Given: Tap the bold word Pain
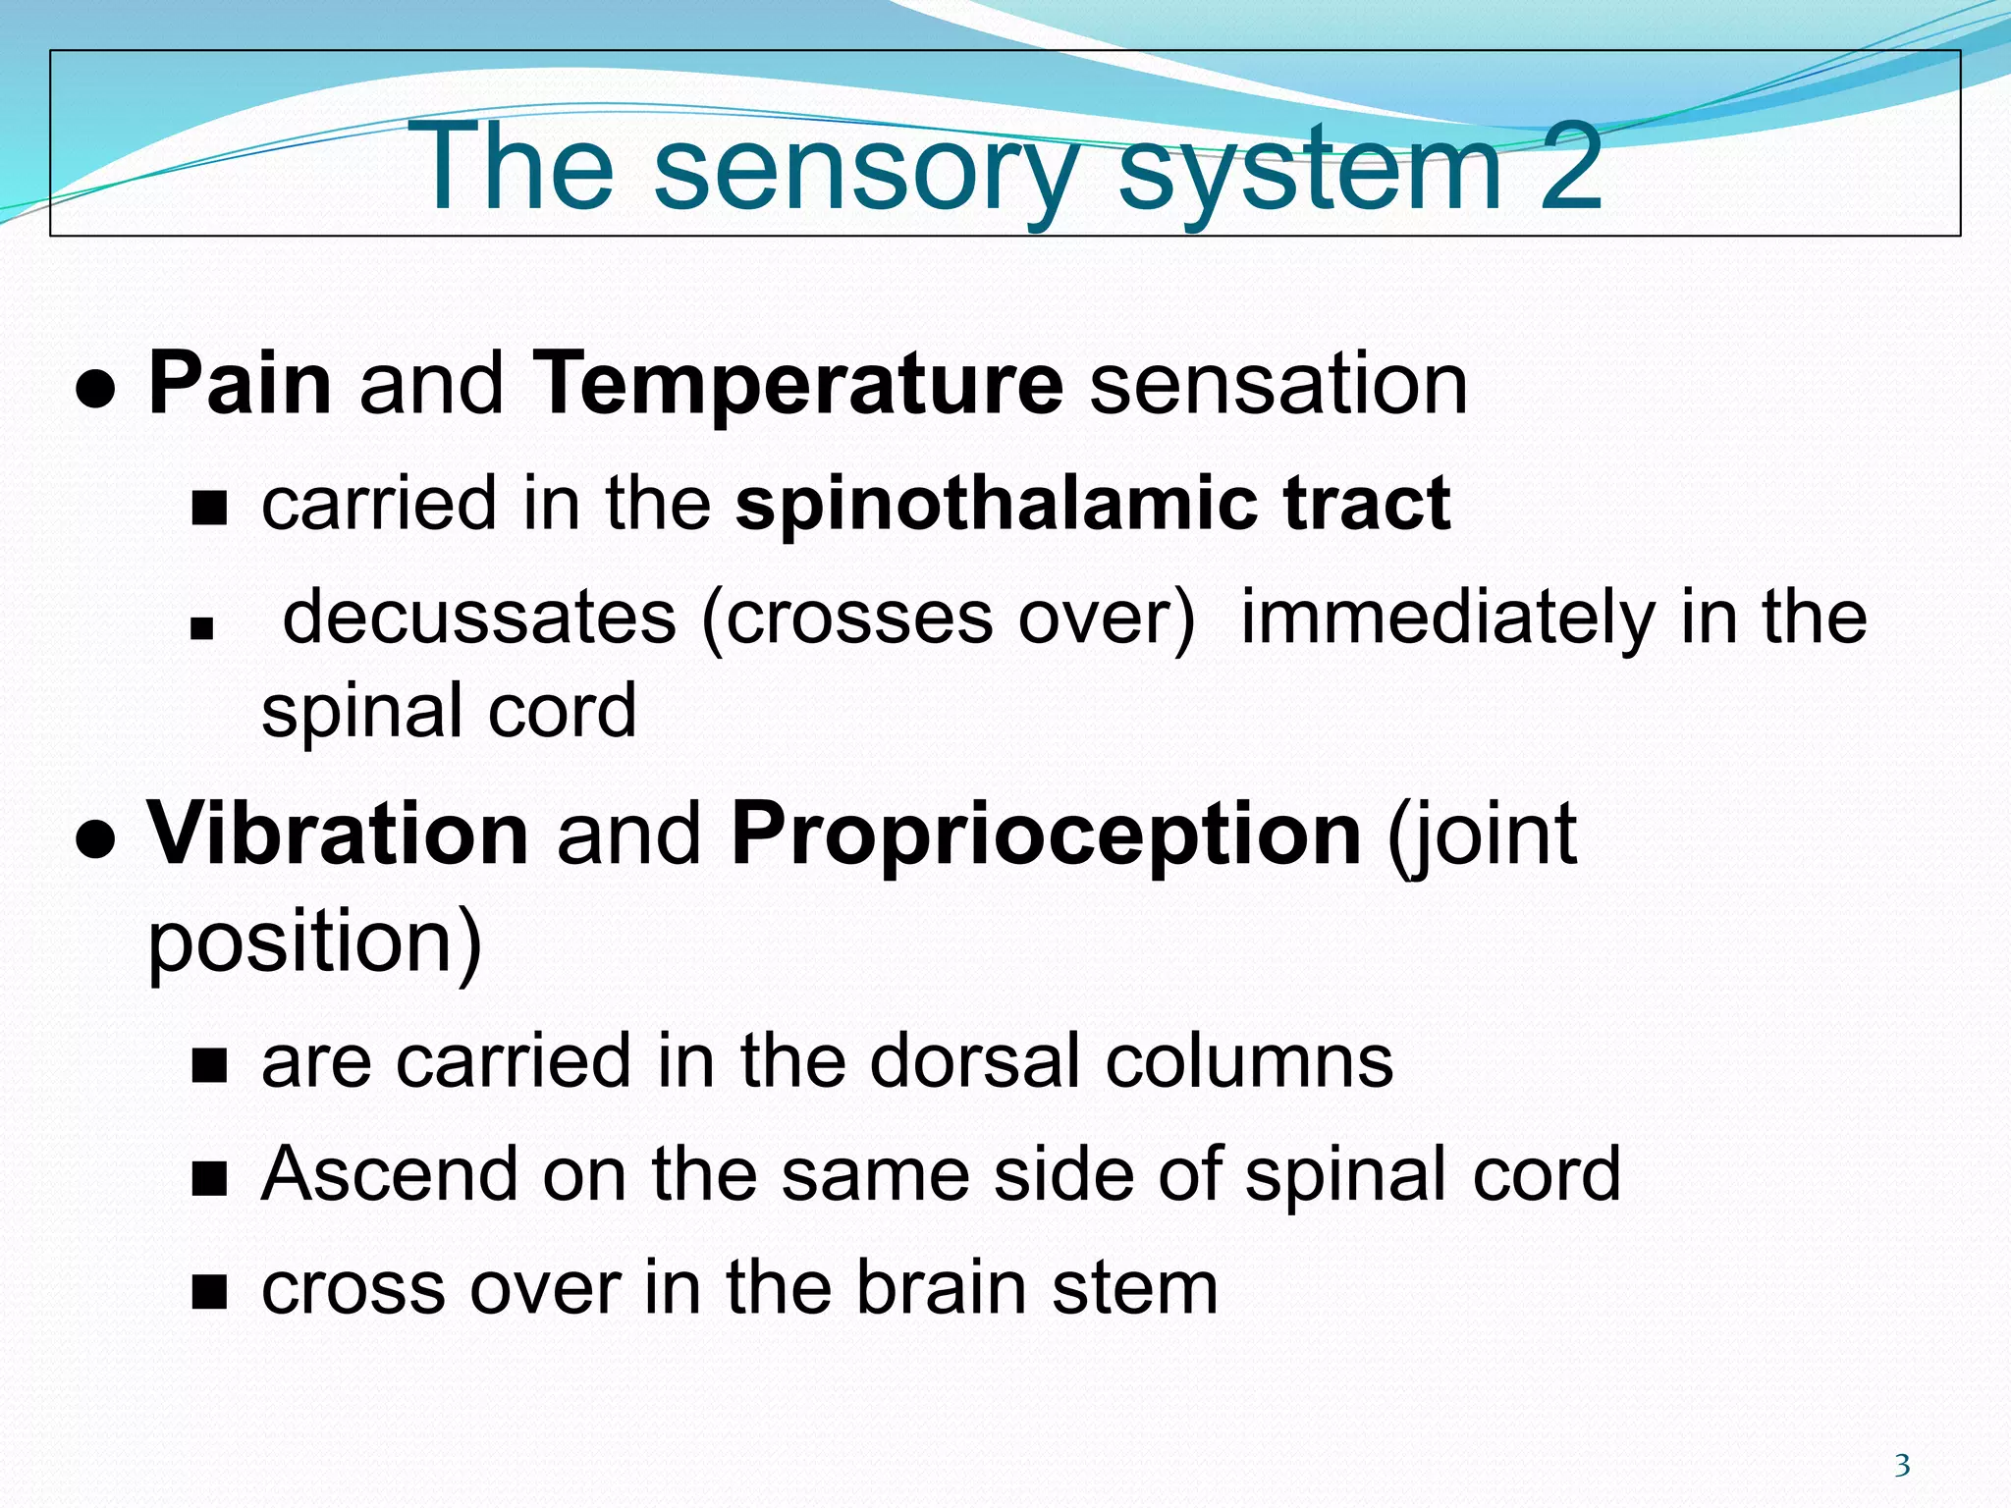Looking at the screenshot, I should (240, 384).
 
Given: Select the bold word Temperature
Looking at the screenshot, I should (796, 386).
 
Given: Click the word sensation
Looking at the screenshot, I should (1278, 384).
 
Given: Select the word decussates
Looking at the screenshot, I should (479, 618).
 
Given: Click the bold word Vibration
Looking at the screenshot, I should (338, 835).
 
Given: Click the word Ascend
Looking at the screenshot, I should (389, 1174).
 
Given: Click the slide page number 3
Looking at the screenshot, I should (1901, 1466).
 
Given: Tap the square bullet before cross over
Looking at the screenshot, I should (209, 1294).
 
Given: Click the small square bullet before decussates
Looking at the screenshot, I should (202, 628).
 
